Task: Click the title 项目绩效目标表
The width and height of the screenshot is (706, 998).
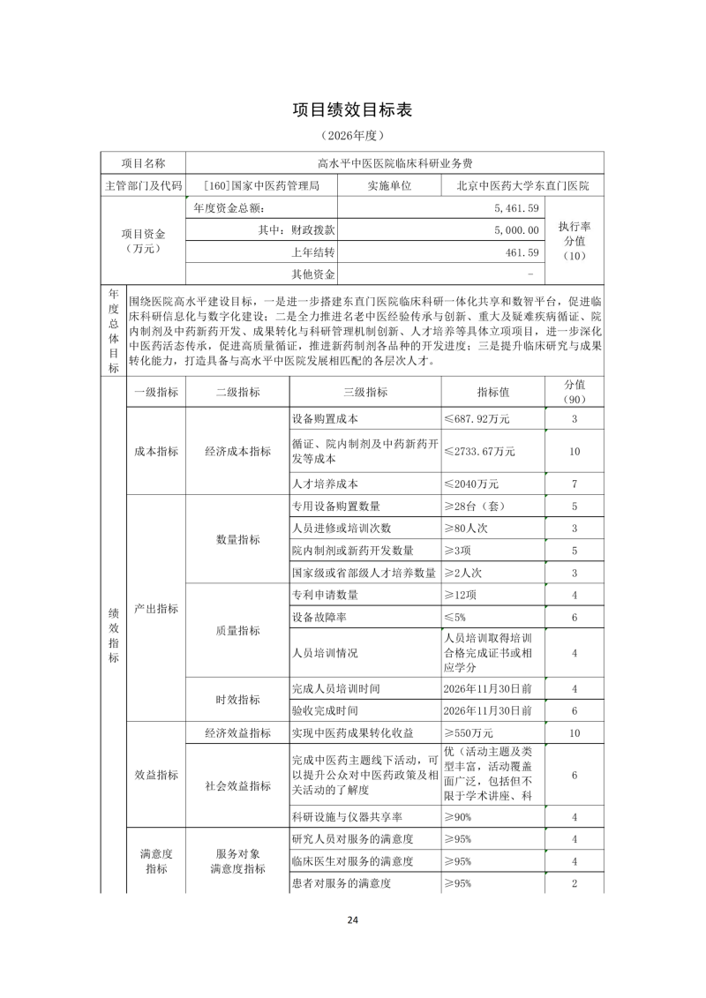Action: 352,110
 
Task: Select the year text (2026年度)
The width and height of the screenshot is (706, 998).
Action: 352,137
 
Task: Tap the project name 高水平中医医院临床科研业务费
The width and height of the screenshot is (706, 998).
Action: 395,163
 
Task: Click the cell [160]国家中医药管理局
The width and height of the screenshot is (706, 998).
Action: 260,186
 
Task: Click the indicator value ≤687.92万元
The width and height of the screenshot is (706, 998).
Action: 477,418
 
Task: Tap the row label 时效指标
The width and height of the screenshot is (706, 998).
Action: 237,700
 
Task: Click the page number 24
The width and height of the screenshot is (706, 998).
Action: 352,920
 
